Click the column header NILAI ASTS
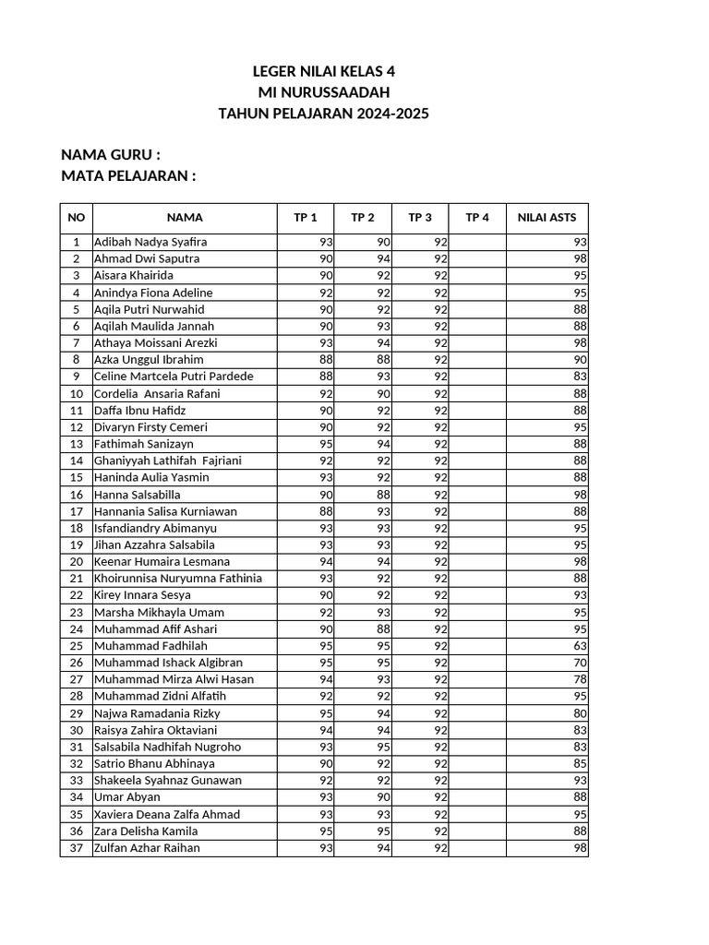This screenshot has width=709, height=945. point(547,218)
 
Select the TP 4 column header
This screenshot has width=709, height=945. point(477,218)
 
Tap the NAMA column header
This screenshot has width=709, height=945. point(185,218)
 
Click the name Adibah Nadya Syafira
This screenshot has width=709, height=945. point(150,242)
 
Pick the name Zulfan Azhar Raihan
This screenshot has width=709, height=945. point(147,848)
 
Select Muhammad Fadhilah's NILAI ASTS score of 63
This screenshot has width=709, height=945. point(580,646)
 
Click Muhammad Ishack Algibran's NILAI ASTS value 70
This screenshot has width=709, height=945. point(580,663)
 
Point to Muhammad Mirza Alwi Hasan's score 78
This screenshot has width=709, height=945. point(580,679)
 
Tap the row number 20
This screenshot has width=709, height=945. point(76,561)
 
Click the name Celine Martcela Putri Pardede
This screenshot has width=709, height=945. point(174,377)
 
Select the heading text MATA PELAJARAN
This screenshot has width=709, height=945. point(128,176)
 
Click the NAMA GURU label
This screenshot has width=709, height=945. point(111,154)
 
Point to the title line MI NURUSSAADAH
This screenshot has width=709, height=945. point(323,92)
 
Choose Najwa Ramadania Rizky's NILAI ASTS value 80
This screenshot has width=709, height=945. point(580,713)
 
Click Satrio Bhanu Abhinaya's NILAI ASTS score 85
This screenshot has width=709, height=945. point(580,763)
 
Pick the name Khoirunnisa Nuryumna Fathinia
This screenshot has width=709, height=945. point(178,579)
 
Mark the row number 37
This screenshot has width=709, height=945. point(76,848)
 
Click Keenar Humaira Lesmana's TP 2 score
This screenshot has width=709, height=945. point(383,561)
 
